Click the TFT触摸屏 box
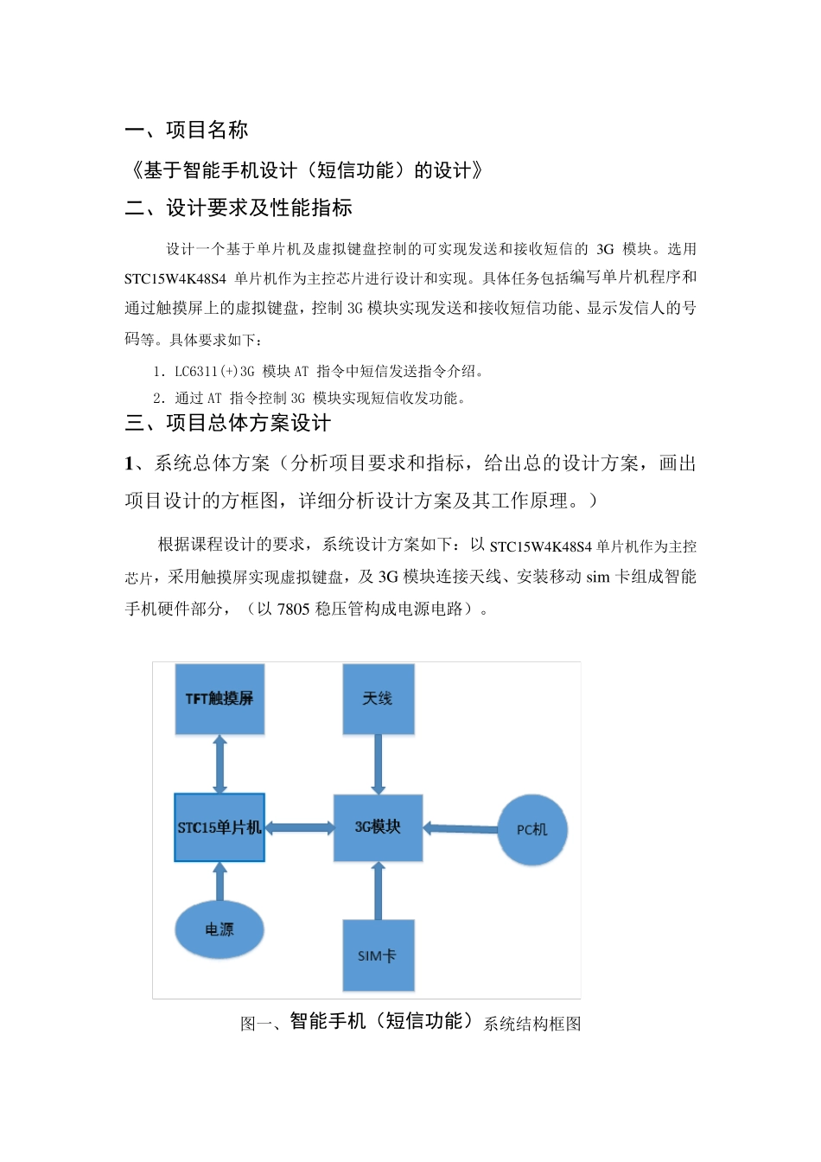(220, 699)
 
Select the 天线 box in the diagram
(378, 699)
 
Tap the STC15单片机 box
(220, 827)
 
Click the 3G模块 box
(378, 827)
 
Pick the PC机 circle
(532, 829)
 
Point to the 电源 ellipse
(220, 929)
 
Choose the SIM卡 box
(378, 955)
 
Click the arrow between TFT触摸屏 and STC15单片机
(220, 764)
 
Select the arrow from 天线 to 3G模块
(378, 764)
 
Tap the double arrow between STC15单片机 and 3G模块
(299, 827)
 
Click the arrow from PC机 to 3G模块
(461, 828)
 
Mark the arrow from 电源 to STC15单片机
(220, 882)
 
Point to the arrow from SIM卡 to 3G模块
(378, 891)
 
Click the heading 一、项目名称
(187, 131)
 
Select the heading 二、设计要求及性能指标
(239, 208)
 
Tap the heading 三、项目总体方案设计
(227, 423)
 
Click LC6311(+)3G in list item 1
(214, 372)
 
